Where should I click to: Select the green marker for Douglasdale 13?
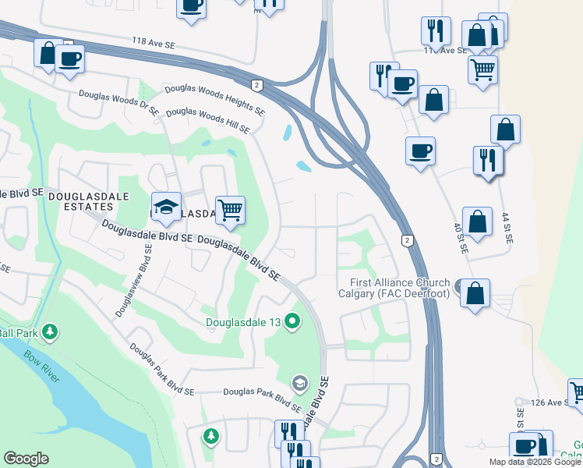tap(293, 321)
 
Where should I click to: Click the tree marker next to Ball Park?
tap(50, 333)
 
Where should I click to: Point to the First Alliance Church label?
tap(394, 288)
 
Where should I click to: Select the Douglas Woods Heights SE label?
tap(213, 97)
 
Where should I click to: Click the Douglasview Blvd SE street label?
tap(133, 278)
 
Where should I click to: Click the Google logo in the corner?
tap(26, 458)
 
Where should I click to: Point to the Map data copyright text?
tap(535, 462)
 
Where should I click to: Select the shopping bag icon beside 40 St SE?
tap(477, 221)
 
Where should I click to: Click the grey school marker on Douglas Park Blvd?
tap(299, 383)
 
